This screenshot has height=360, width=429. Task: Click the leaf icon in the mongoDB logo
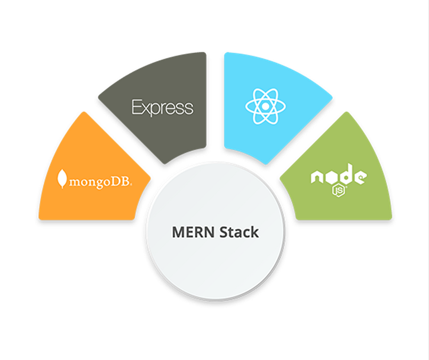[x=62, y=179]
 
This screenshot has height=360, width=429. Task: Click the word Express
[x=162, y=108]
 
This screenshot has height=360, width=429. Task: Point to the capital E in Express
[x=136, y=108]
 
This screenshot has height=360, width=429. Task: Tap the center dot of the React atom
[x=265, y=106]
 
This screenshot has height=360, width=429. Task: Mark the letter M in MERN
[x=178, y=233]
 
